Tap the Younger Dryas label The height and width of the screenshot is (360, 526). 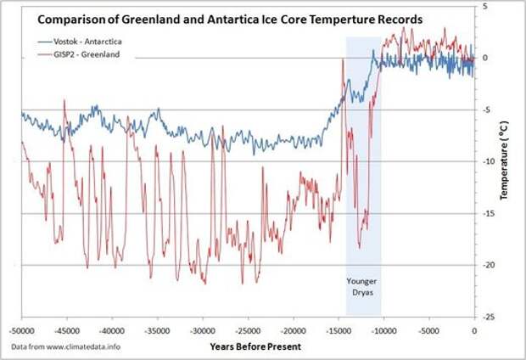[x=363, y=288]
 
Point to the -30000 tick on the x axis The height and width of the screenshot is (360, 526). [x=203, y=329]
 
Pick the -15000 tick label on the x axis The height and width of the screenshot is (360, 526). [x=339, y=329]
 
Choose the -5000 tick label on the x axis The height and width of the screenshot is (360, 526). [x=429, y=329]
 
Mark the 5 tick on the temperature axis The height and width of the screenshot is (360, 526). [x=486, y=7]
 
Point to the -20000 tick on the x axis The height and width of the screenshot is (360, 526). [x=294, y=329]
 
